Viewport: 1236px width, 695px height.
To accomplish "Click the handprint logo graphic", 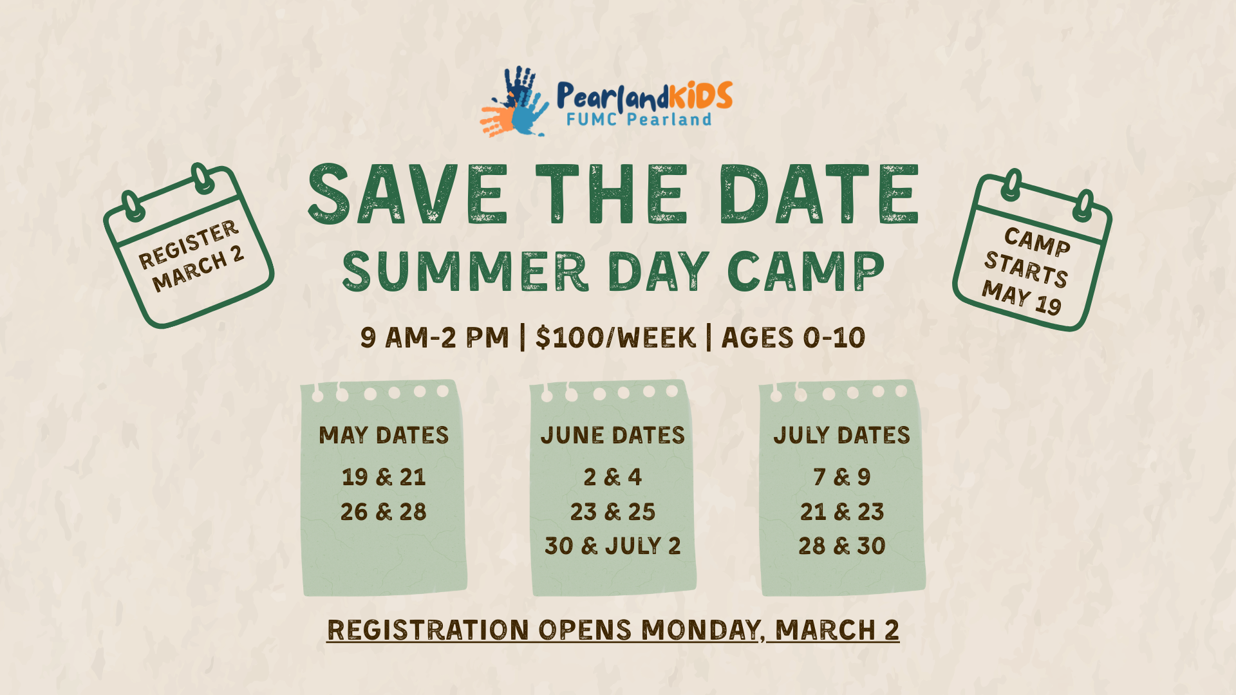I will [515, 103].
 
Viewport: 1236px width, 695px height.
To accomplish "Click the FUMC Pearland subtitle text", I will [639, 120].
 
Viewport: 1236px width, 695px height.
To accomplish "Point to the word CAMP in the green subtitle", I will [806, 272].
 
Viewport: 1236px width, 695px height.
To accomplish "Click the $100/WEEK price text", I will [615, 338].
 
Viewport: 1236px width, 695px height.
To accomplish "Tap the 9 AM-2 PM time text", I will [435, 338].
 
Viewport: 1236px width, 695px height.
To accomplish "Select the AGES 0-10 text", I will [793, 338].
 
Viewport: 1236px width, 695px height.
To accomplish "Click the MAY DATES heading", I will [384, 436].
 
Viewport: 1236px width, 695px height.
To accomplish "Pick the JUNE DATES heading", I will [613, 436].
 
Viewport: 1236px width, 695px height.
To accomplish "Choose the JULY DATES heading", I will [842, 436].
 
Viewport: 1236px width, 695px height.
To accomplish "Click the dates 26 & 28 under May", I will [384, 512].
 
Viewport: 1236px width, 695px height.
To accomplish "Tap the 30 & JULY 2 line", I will [613, 546].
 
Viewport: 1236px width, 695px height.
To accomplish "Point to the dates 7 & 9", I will [842, 477].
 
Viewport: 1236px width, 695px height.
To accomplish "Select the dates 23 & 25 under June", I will [613, 512].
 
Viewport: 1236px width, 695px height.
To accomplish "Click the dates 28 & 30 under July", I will [842, 546].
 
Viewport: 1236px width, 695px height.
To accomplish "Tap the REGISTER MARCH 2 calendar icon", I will [189, 248].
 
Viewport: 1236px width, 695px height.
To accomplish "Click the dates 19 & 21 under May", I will [384, 477].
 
